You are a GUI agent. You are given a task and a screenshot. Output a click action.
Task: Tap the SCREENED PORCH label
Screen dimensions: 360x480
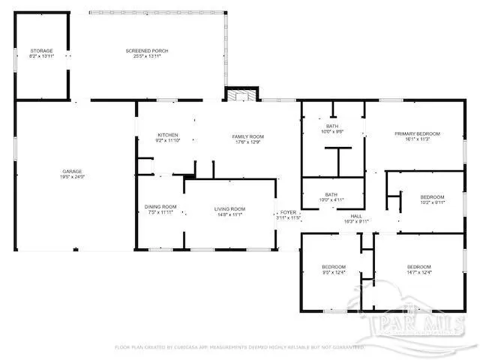[147, 50]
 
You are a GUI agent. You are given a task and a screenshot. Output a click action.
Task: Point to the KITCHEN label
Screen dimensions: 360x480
[167, 135]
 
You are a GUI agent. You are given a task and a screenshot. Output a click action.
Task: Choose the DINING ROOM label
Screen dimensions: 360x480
[160, 207]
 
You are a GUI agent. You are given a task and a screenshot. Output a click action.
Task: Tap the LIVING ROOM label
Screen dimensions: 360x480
[230, 208]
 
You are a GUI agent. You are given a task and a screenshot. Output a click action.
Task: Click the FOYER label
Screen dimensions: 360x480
[288, 213]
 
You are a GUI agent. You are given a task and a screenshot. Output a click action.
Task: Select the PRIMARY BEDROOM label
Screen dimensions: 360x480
[418, 133]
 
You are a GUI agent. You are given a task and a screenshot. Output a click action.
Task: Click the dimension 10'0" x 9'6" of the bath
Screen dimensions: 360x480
[331, 131]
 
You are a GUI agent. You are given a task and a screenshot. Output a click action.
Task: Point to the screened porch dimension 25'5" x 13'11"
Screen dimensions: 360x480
[147, 55]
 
